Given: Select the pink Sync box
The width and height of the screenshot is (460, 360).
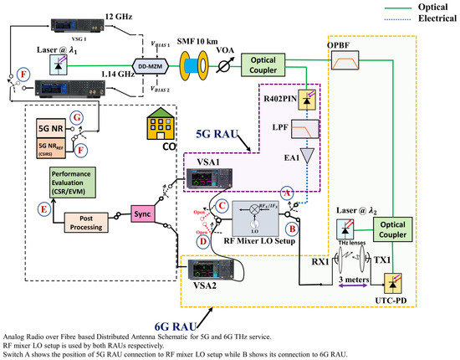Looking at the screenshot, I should (x=142, y=213).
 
